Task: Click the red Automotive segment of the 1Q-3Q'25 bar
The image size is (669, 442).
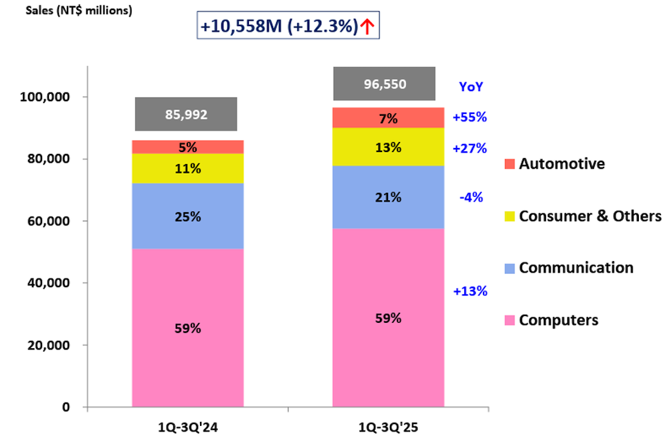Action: point(388,118)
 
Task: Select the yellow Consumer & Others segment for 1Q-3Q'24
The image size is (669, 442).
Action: point(187,168)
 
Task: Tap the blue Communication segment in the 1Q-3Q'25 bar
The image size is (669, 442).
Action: point(388,197)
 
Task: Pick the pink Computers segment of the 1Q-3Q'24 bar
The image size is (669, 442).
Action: point(187,328)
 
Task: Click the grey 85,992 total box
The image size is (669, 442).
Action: point(186,115)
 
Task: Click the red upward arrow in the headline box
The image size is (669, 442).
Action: point(367,26)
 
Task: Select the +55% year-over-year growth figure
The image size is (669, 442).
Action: point(469,117)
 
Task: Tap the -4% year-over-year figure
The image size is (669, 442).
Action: point(472,197)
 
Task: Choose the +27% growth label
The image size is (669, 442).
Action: point(469,148)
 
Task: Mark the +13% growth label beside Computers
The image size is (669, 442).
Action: point(469,291)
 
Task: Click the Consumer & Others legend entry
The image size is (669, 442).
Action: point(583,216)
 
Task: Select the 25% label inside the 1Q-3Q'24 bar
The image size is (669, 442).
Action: point(187,217)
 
